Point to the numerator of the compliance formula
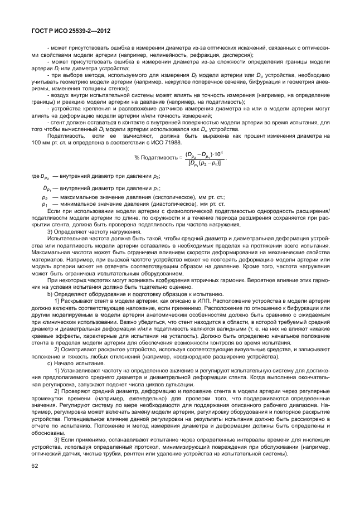tap(204, 153)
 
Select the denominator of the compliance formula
tap(204, 163)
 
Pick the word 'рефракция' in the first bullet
tap(200, 55)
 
